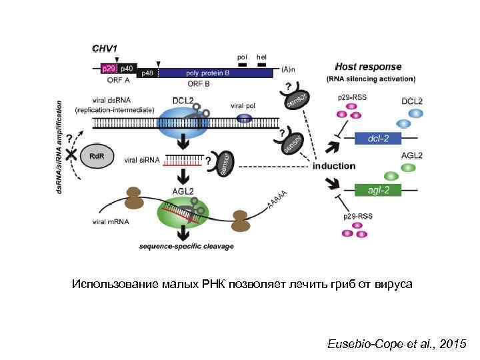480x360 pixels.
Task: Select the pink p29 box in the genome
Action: point(108,68)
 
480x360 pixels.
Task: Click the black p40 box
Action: point(127,68)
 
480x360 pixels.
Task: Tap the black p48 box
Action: point(147,73)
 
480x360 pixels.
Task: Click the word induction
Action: point(334,165)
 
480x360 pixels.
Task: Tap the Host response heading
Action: point(368,67)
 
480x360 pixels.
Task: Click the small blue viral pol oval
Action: point(245,118)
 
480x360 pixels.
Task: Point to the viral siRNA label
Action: point(142,160)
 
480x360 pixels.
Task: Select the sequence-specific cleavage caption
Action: point(186,246)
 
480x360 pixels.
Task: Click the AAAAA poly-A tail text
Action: point(277,198)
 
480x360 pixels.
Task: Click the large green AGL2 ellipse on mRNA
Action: point(183,213)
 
